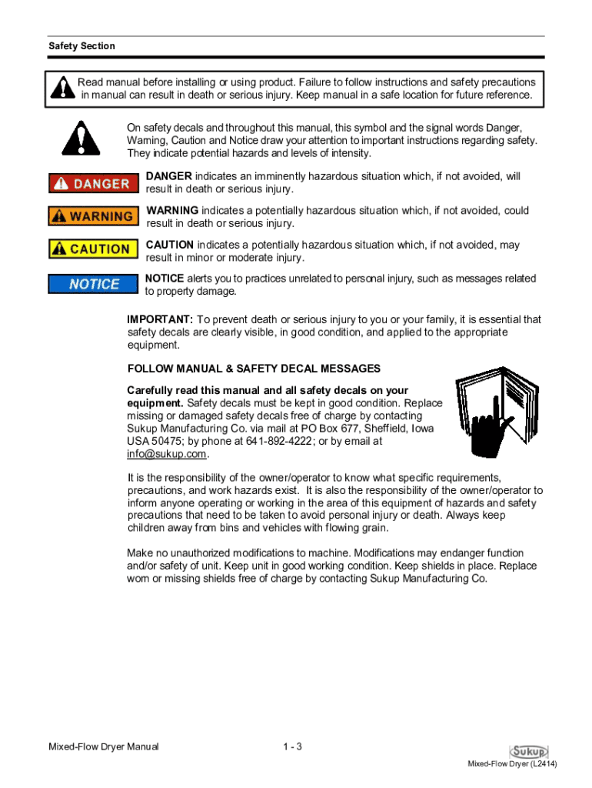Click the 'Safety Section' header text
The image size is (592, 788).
81,46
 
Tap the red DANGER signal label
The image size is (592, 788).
90,183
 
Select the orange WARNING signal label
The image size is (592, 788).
90,216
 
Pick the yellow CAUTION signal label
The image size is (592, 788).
90,249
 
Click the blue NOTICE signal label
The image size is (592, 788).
94,284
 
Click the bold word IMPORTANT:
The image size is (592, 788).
160,319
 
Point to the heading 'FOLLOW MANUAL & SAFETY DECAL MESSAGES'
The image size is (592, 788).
254,369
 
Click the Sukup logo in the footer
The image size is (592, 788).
528,751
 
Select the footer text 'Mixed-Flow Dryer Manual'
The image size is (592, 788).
104,747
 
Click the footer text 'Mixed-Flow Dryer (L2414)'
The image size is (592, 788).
513,764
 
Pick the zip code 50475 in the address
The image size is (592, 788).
167,442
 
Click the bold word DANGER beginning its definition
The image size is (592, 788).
168,176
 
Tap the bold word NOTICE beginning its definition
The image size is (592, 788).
164,279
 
